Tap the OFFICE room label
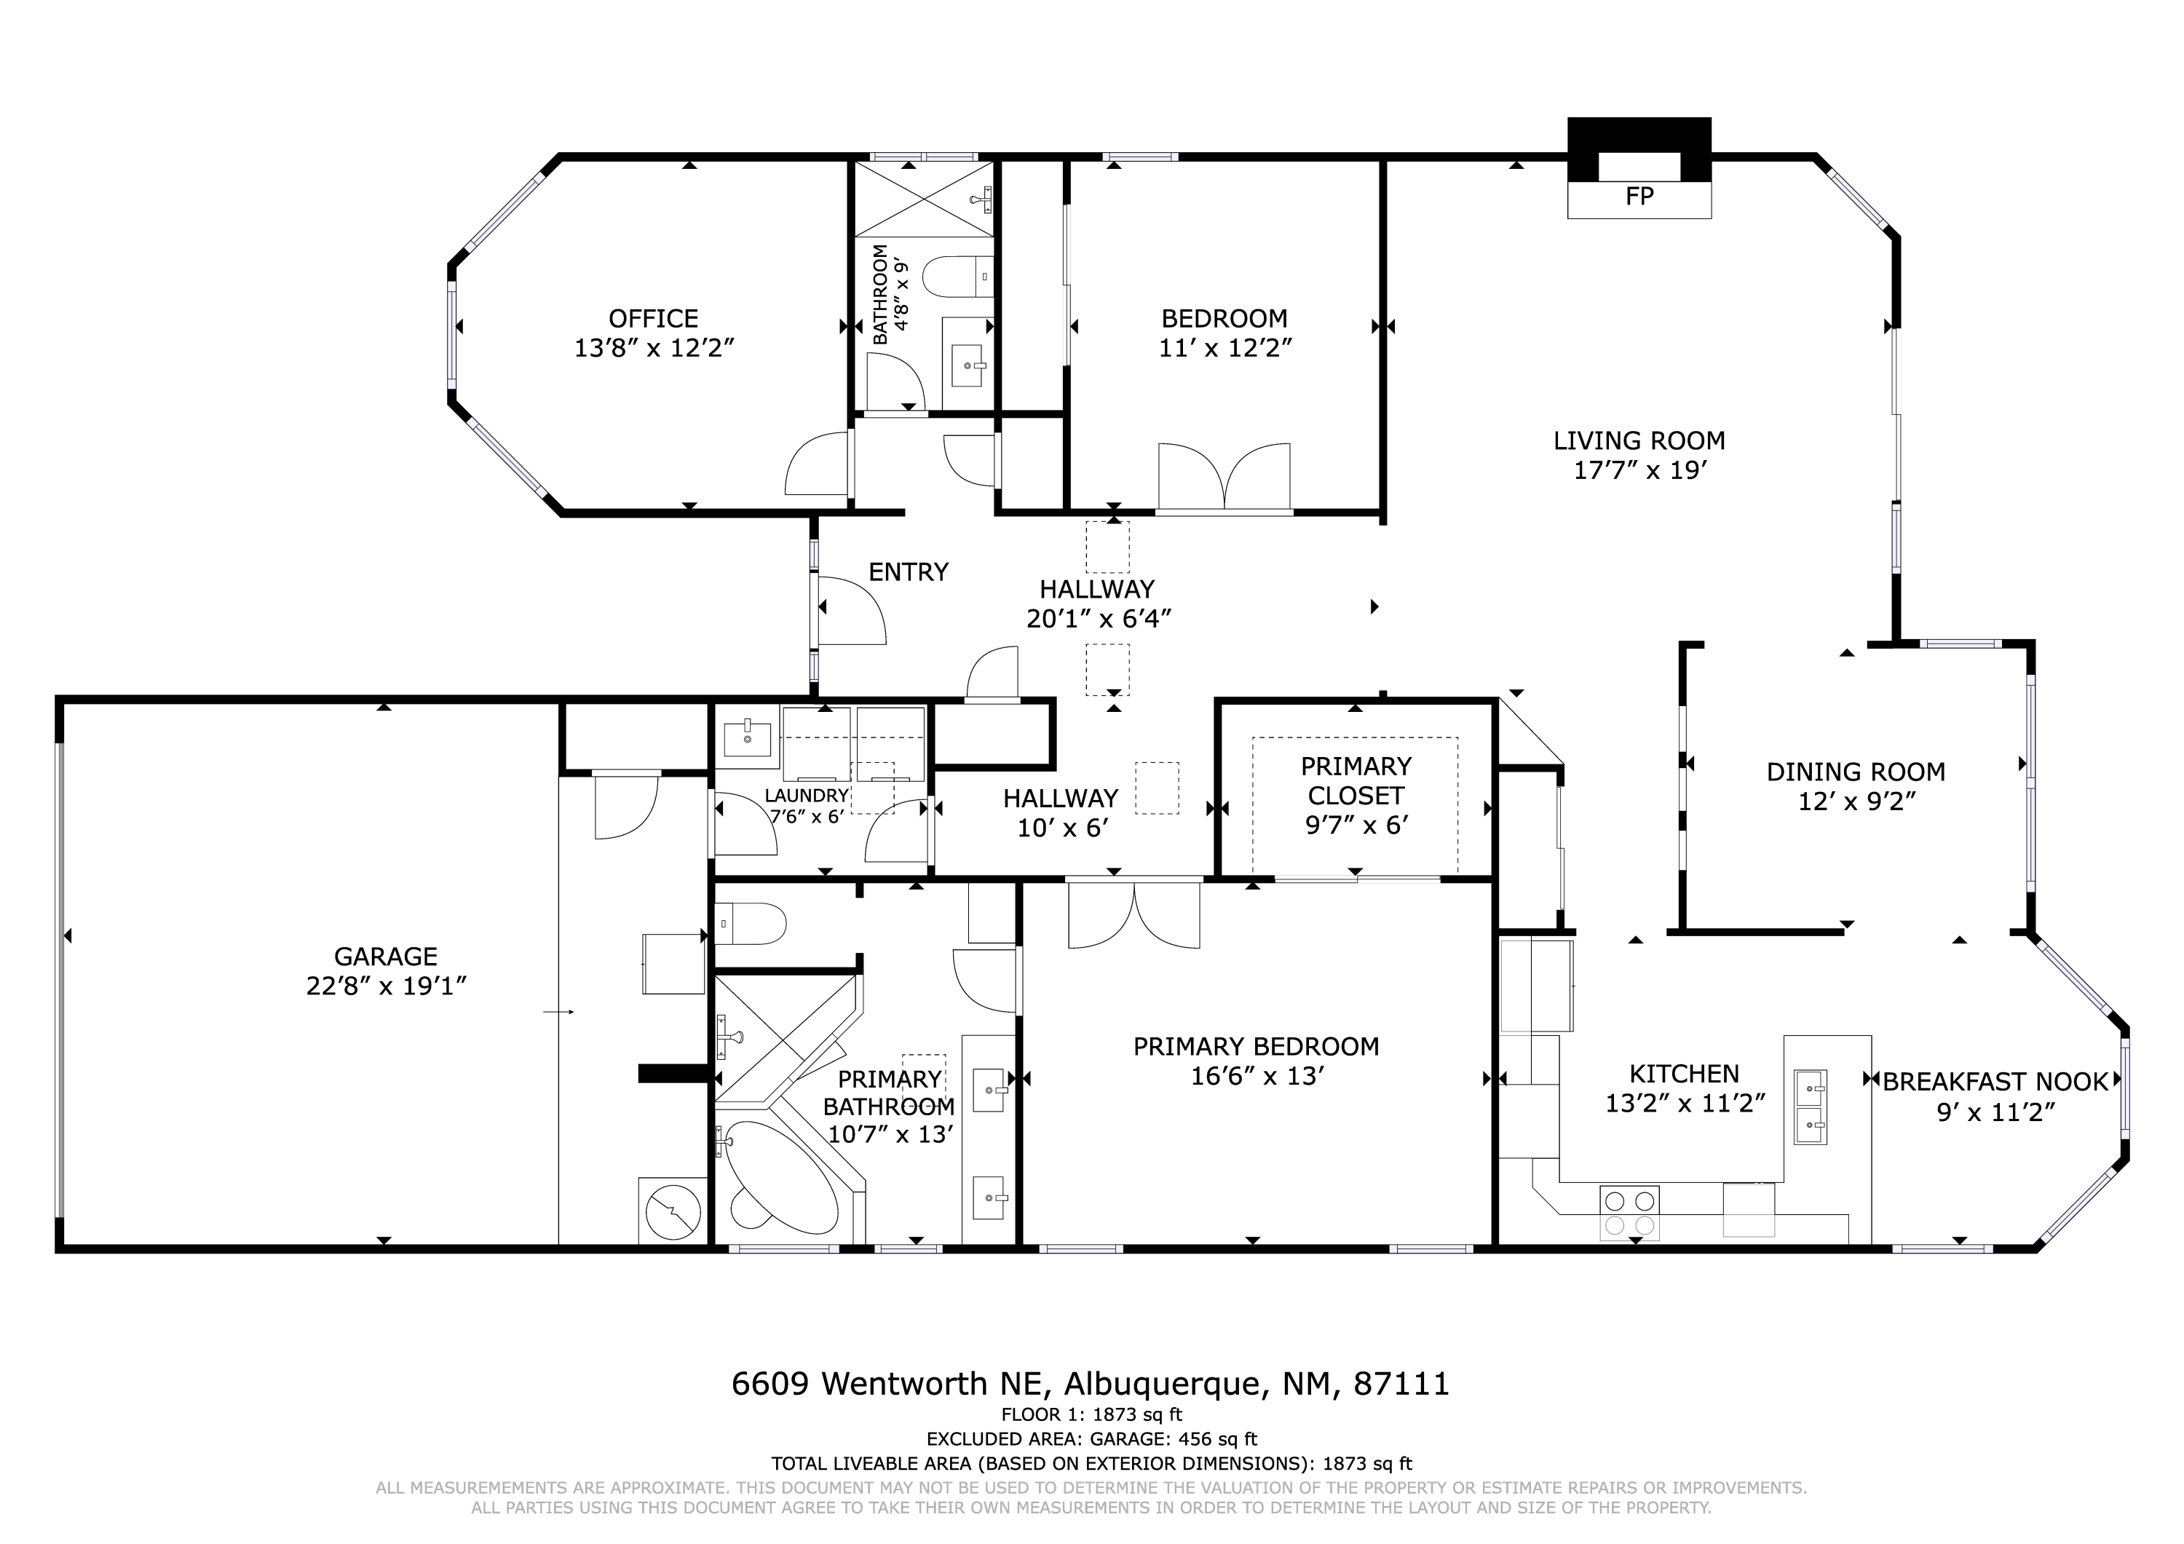coord(654,319)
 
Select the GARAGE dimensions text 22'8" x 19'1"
coord(385,986)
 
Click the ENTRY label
coord(909,571)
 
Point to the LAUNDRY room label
coord(807,796)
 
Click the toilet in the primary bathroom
coord(751,924)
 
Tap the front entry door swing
coord(852,611)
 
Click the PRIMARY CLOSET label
coord(1356,780)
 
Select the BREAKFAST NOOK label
coord(1995,1082)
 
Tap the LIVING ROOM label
coord(1639,440)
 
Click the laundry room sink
coord(748,738)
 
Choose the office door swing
coord(816,463)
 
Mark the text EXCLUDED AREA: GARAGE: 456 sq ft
coord(1092,1439)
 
